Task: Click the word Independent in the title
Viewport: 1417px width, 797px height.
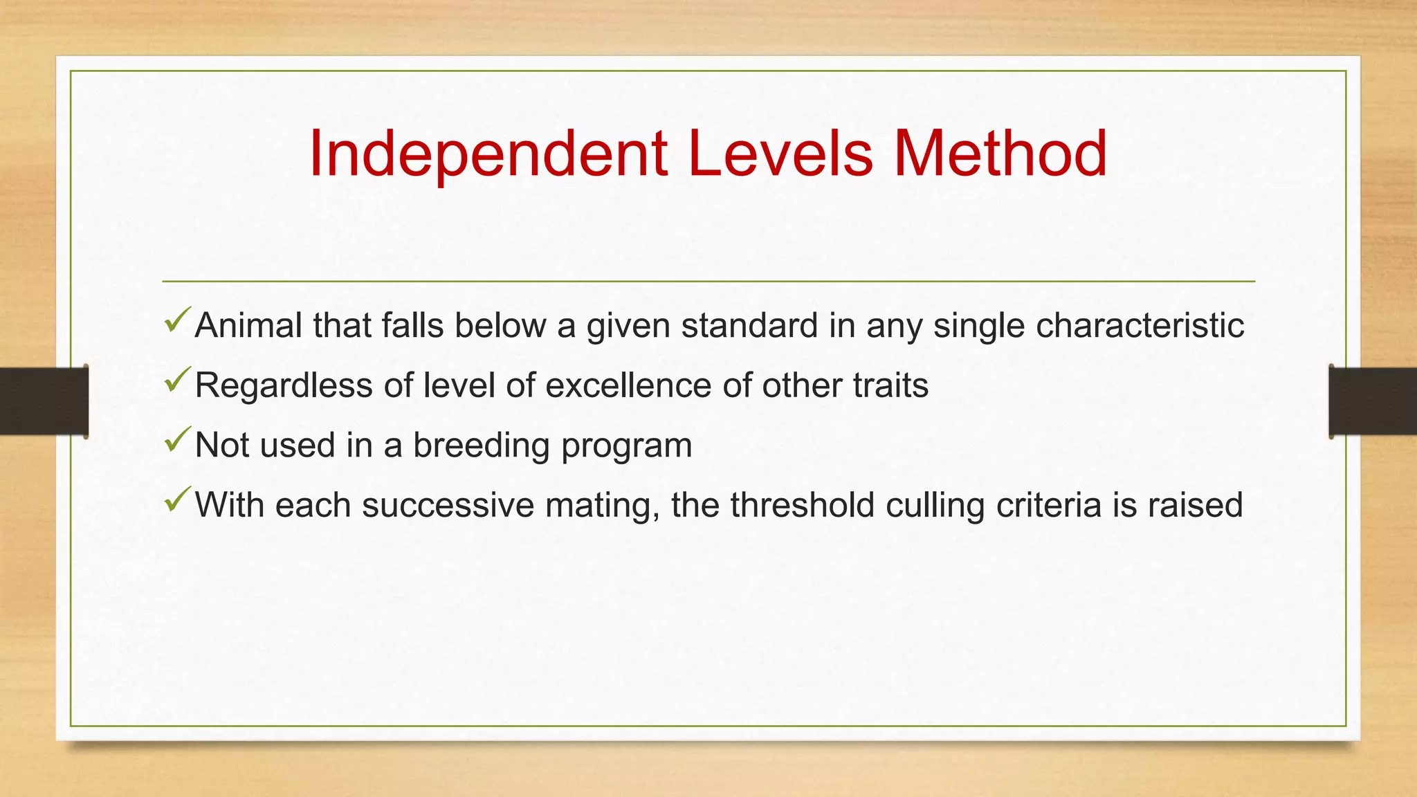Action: point(488,155)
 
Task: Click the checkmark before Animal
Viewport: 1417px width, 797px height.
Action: point(177,321)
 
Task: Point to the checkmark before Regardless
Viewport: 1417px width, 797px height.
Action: point(177,381)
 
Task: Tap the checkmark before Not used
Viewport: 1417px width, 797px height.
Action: point(177,441)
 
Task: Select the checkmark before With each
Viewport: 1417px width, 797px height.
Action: point(177,500)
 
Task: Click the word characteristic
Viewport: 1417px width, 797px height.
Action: point(1140,325)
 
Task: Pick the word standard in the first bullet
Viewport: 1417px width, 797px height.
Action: point(749,325)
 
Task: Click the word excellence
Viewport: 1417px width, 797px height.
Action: point(628,385)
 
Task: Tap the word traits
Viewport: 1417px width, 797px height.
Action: point(890,385)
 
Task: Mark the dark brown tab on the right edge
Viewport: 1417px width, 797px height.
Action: point(1373,401)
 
